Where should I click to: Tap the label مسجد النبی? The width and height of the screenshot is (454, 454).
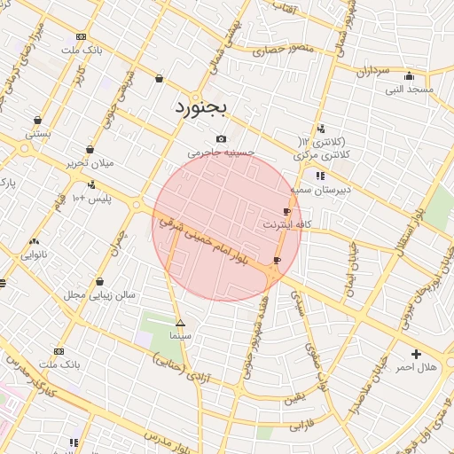coord(409,89)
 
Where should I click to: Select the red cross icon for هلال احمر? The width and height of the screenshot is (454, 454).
coord(416,354)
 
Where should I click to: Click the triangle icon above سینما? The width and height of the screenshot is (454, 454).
coord(181,324)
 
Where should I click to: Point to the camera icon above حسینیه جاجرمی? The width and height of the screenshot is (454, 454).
coord(221,138)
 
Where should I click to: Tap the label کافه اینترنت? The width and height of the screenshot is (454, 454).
coord(283,225)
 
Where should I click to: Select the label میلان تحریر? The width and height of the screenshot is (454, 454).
coord(90,163)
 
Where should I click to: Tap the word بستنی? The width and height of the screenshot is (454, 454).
coord(37,134)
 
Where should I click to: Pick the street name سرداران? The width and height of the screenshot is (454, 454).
coord(373,71)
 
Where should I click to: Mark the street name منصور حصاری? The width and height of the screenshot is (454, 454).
coord(278,51)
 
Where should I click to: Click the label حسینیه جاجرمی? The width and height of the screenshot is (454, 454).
coord(226,152)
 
